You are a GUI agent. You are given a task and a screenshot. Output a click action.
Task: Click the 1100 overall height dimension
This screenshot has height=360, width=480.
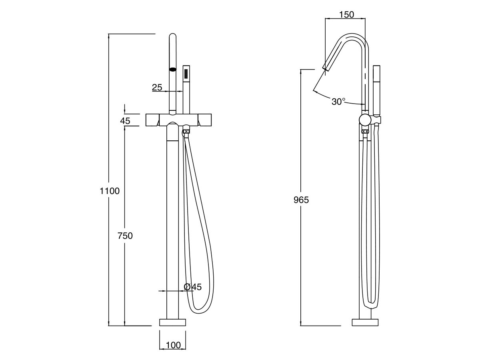click(x=110, y=191)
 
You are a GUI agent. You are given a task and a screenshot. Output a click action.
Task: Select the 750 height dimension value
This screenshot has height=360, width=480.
click(x=125, y=236)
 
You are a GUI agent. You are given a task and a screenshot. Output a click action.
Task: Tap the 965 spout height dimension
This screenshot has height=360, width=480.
click(x=301, y=200)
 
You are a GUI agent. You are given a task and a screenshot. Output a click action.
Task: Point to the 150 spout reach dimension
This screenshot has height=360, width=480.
click(x=346, y=15)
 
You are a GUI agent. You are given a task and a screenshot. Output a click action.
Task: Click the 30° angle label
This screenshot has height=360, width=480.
click(x=338, y=102)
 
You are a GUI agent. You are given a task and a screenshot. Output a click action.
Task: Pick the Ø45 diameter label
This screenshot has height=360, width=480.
click(x=193, y=287)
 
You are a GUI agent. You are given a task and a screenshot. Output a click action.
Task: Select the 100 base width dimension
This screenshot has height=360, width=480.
click(x=173, y=345)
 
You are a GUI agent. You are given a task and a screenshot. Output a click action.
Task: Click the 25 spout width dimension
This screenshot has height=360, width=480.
click(x=157, y=87)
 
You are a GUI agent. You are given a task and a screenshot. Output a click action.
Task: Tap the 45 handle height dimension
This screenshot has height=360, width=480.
click(x=125, y=120)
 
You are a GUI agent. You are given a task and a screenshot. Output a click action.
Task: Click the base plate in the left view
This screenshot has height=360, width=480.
click(x=173, y=322)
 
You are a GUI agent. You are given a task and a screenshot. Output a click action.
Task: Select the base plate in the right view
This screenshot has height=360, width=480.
click(x=365, y=322)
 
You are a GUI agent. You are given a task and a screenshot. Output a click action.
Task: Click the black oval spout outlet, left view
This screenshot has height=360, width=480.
click(x=173, y=70)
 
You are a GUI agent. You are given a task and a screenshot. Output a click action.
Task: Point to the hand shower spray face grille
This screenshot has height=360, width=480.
click(x=186, y=74)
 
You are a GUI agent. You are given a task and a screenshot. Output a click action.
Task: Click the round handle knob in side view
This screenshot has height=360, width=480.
click(x=365, y=120)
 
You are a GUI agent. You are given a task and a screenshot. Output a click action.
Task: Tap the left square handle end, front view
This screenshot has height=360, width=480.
click(x=152, y=120)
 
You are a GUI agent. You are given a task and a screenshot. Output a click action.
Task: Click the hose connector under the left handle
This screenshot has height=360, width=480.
click(x=186, y=131)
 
